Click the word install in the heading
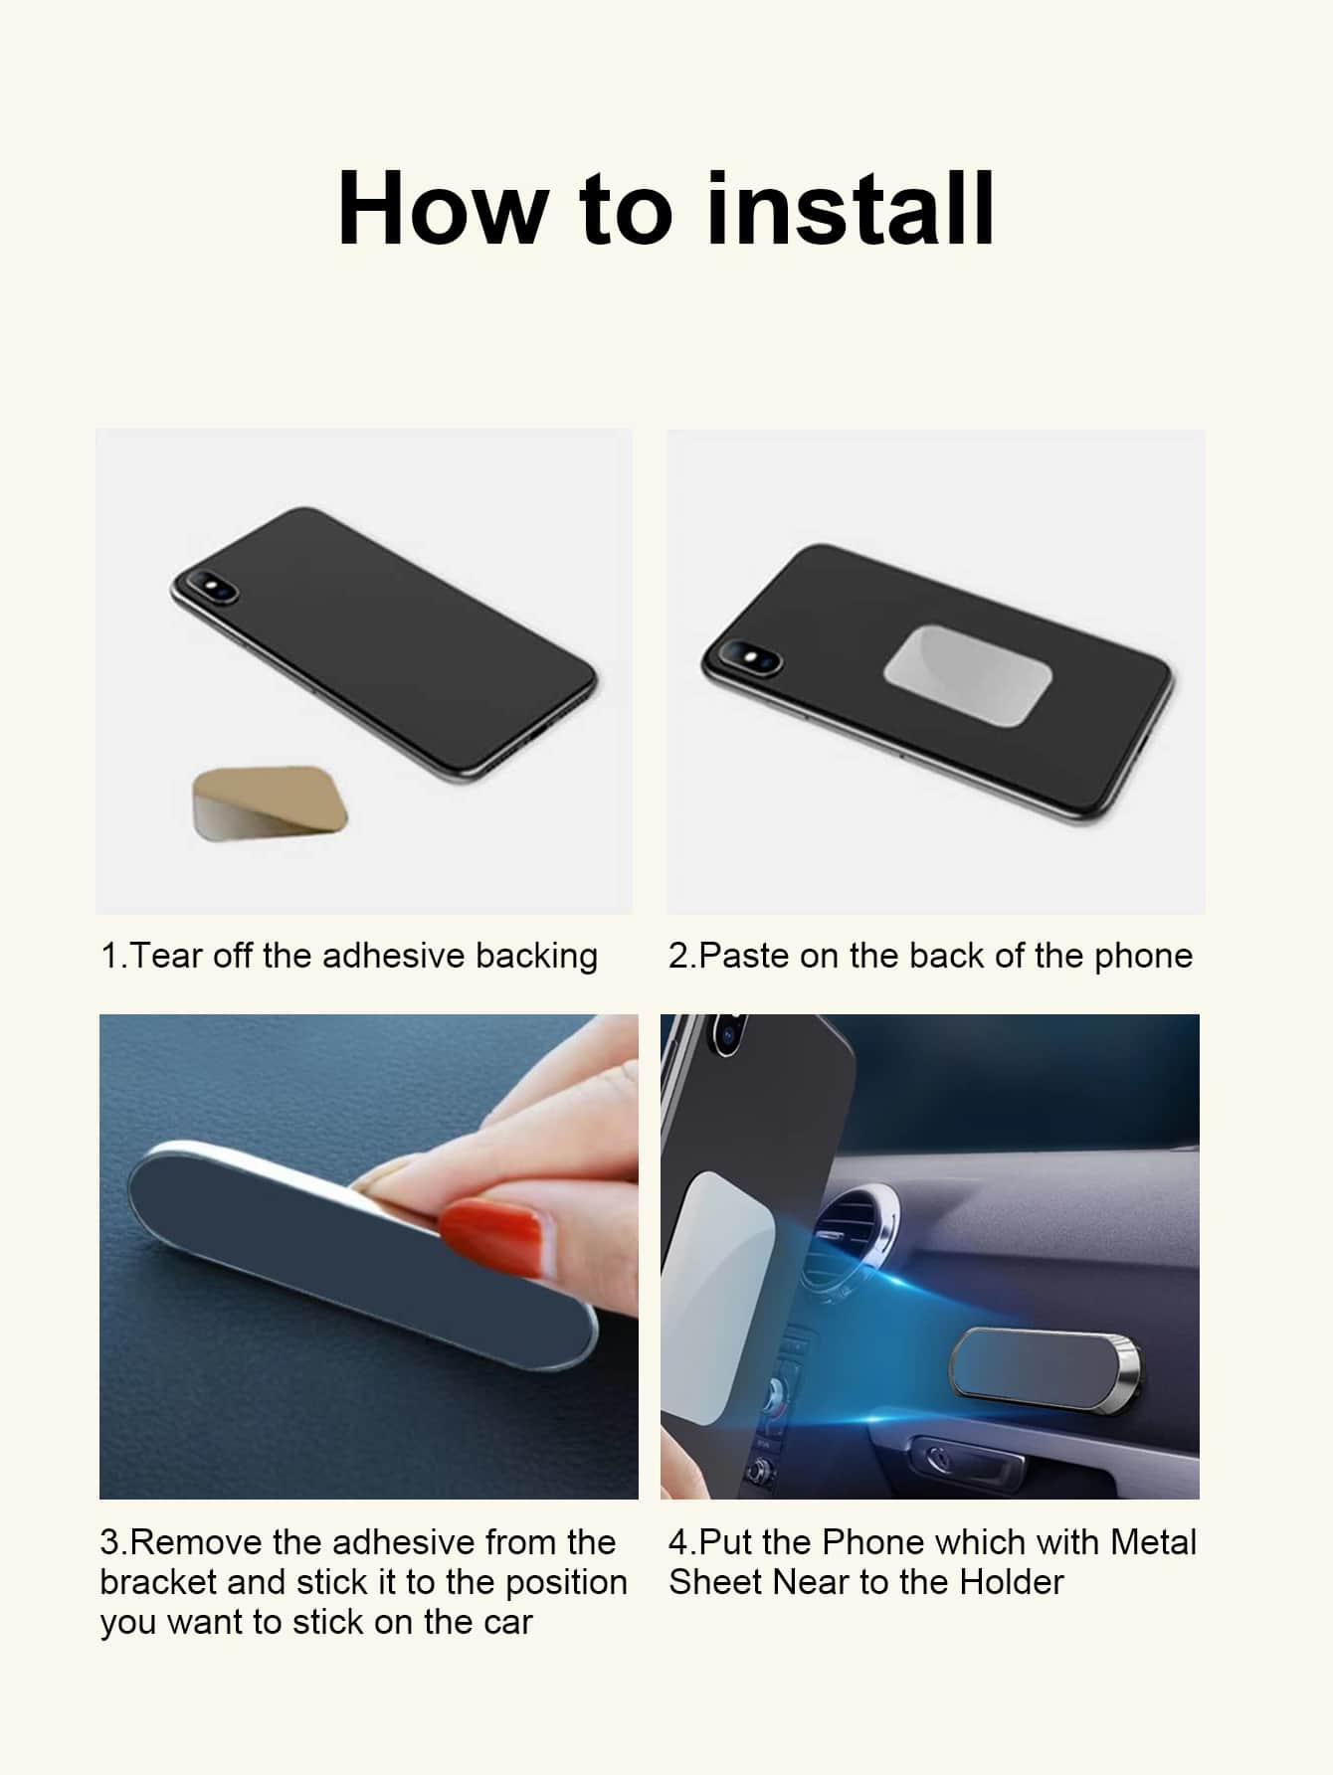click(x=850, y=209)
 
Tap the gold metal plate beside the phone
click(x=270, y=802)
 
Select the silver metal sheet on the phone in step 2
click(x=967, y=671)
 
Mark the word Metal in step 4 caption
click(x=1154, y=1542)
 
